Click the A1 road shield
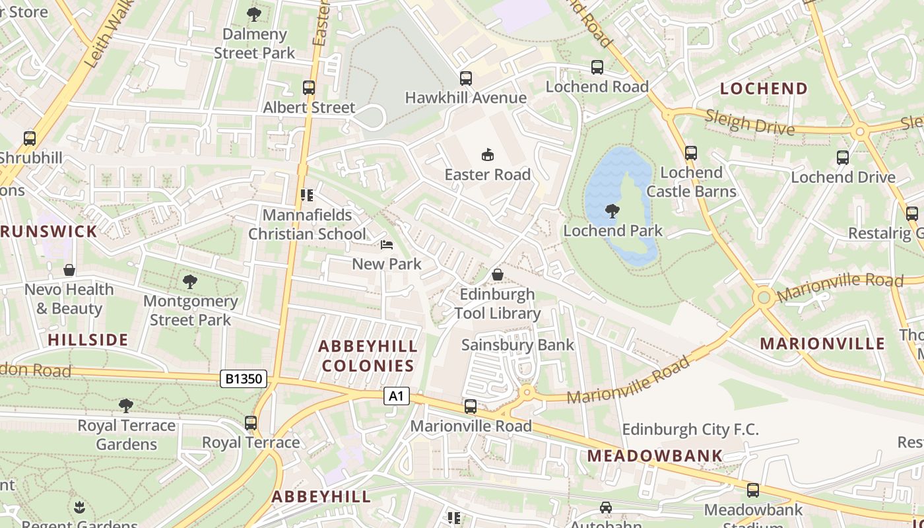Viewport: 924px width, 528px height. point(396,396)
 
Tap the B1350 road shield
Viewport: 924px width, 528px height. point(244,379)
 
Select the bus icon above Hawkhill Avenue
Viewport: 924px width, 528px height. point(466,79)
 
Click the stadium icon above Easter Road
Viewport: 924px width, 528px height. point(488,155)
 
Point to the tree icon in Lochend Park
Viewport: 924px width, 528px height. point(612,212)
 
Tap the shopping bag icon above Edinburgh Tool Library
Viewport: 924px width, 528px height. point(498,275)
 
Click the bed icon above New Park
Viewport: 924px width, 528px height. point(387,245)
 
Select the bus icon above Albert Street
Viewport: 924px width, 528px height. point(309,88)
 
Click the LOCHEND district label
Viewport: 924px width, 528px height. point(764,88)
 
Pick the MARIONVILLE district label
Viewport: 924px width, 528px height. point(822,343)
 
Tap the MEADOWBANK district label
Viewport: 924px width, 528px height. point(655,455)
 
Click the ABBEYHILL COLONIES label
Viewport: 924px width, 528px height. point(368,356)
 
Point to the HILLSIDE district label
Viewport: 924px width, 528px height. point(88,340)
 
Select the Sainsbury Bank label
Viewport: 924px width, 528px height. point(518,345)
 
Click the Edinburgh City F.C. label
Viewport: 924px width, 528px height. point(690,430)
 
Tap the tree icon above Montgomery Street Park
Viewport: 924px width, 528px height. point(190,282)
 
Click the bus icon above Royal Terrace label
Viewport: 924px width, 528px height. point(251,423)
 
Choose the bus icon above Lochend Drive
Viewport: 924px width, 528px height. point(843,158)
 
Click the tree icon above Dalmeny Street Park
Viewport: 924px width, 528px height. point(254,15)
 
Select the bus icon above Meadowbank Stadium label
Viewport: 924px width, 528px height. point(753,490)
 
